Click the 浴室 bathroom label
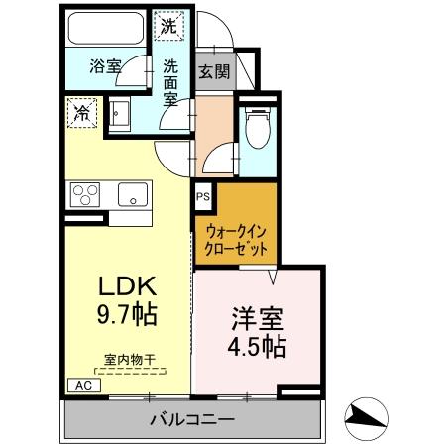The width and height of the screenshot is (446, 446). pos(104,66)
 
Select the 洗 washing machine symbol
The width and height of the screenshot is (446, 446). pos(170,28)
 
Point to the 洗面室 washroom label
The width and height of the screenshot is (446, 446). pos(170,82)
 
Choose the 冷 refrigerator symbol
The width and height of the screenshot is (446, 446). pos(80,112)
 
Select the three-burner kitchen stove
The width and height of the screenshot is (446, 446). pos(85,193)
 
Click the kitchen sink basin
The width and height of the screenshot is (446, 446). pos(132,194)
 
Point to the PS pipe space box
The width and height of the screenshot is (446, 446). pos(202,196)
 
